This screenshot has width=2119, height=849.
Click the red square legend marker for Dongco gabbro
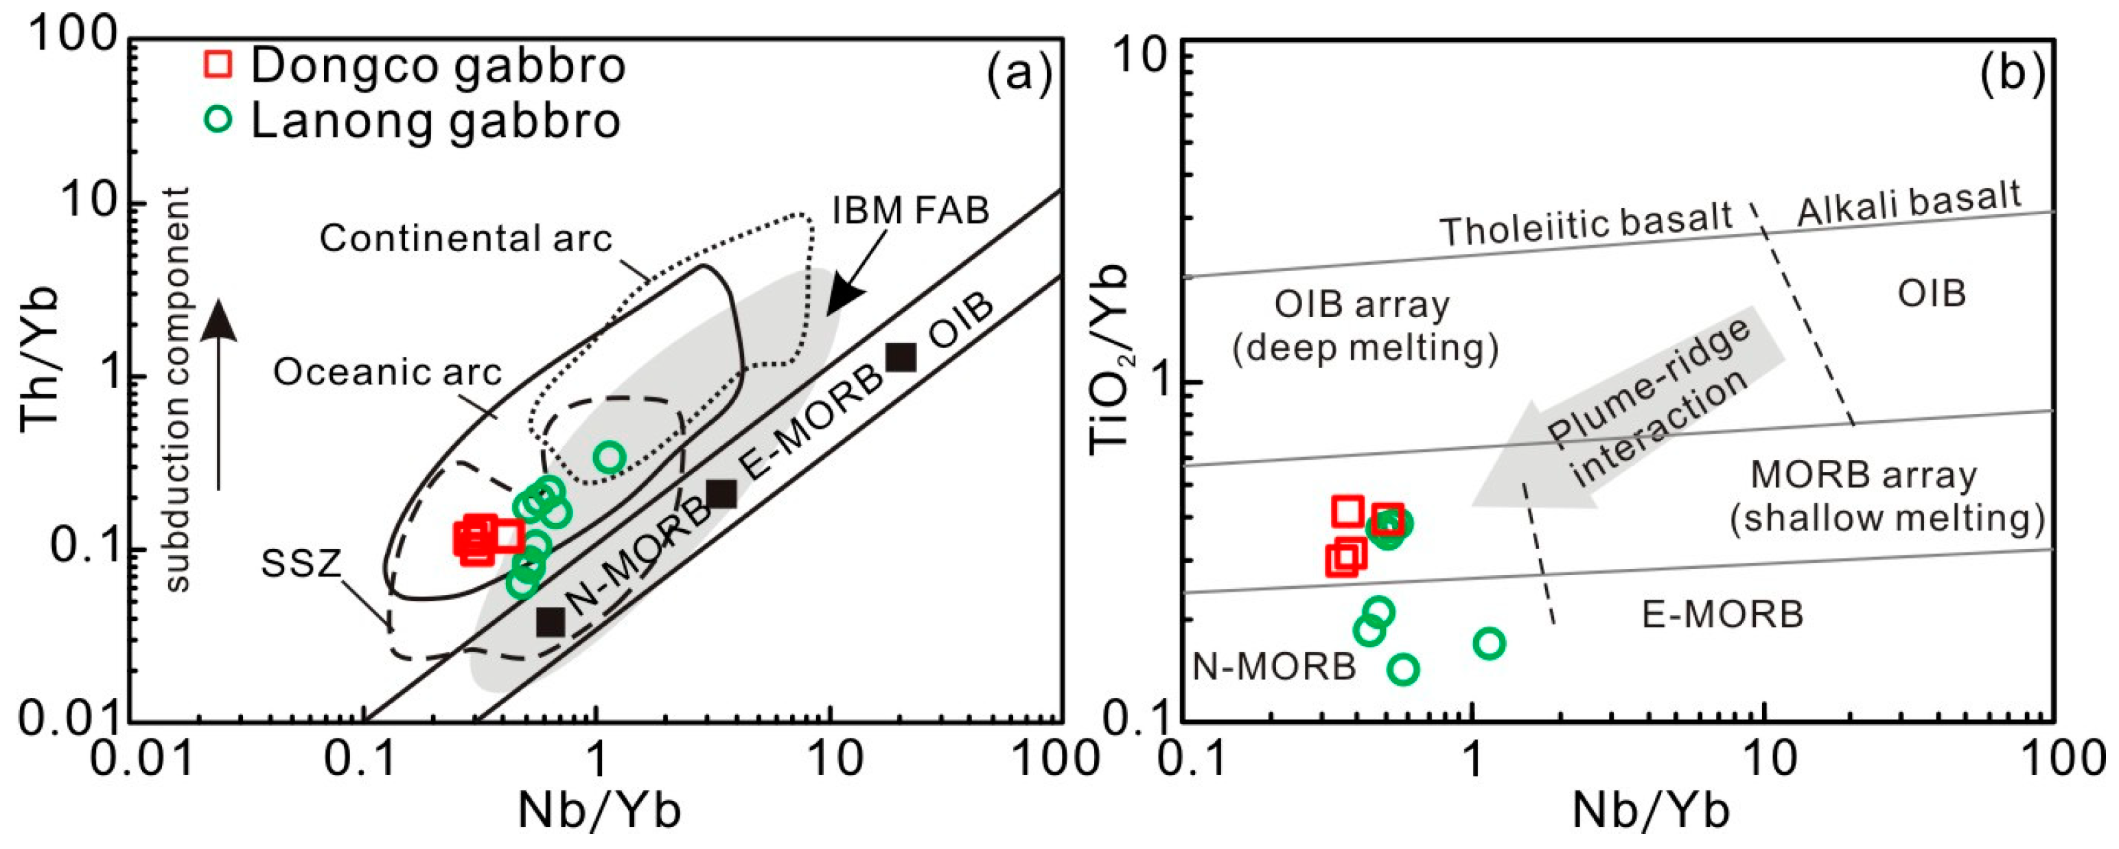[218, 64]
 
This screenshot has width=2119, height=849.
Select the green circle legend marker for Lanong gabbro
[218, 119]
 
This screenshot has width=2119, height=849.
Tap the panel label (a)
[1019, 74]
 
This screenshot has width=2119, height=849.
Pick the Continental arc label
[465, 239]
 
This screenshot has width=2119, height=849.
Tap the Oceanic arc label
[387, 373]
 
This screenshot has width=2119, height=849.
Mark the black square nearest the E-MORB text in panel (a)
[721, 493]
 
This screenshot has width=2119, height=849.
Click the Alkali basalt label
[1908, 202]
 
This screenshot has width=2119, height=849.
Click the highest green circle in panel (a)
[610, 456]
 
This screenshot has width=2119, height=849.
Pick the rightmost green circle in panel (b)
[1489, 643]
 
